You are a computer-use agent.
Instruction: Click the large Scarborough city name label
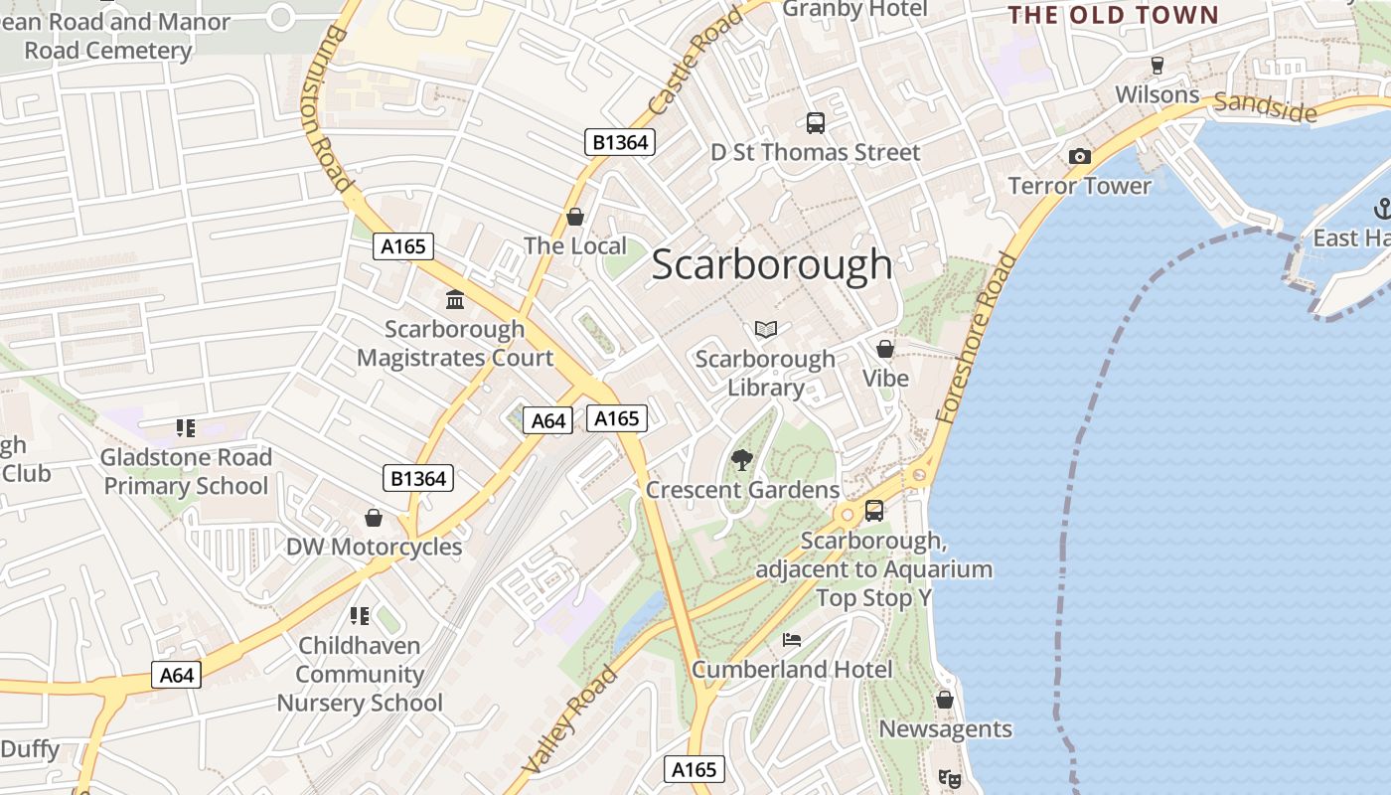click(x=772, y=264)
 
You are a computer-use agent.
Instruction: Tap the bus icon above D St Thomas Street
click(x=816, y=123)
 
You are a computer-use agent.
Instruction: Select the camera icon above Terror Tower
click(x=1079, y=156)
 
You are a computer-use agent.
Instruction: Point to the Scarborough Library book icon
click(x=765, y=329)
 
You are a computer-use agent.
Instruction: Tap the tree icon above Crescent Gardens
click(x=741, y=459)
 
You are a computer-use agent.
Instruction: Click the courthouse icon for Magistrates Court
click(x=455, y=299)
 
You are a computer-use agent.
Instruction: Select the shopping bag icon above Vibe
click(x=884, y=349)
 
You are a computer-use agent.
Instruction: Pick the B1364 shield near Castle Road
click(x=620, y=142)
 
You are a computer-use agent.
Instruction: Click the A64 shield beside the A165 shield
click(x=548, y=420)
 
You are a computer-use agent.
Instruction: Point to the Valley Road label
click(x=569, y=720)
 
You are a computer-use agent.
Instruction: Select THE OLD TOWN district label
click(x=1113, y=15)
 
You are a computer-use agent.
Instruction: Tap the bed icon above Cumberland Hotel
click(x=791, y=639)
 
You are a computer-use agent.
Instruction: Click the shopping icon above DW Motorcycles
click(x=374, y=518)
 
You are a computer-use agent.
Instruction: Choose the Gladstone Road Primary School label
click(x=186, y=472)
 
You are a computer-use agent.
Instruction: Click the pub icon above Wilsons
click(x=1157, y=66)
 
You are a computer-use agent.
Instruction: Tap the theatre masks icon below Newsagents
click(x=950, y=779)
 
